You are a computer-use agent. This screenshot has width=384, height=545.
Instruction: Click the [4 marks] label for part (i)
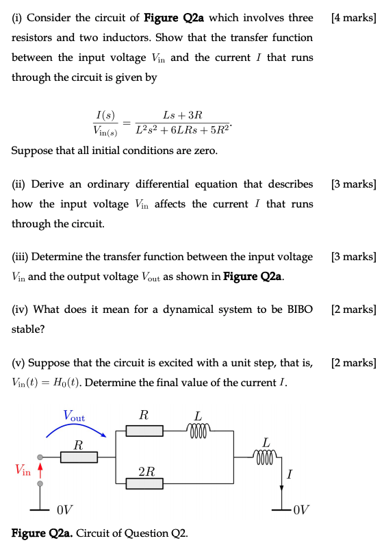[x=353, y=17]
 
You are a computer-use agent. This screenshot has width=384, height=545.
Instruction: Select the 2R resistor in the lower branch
[x=144, y=483]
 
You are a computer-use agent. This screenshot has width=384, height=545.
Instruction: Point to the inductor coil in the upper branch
[x=198, y=429]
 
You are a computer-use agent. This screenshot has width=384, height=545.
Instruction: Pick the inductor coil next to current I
[x=266, y=455]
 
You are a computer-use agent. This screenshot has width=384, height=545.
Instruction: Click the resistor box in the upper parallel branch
[x=144, y=430]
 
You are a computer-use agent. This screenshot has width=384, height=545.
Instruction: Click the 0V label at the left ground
[x=65, y=509]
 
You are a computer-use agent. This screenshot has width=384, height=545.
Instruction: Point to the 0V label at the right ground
[x=300, y=509]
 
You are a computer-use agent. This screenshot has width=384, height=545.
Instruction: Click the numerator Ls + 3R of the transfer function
[x=183, y=114]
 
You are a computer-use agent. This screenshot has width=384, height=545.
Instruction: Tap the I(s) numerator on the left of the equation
[x=105, y=114]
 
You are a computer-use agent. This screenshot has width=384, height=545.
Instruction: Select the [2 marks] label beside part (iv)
[x=353, y=309]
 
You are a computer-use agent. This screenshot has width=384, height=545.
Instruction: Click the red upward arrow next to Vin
[x=40, y=469]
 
